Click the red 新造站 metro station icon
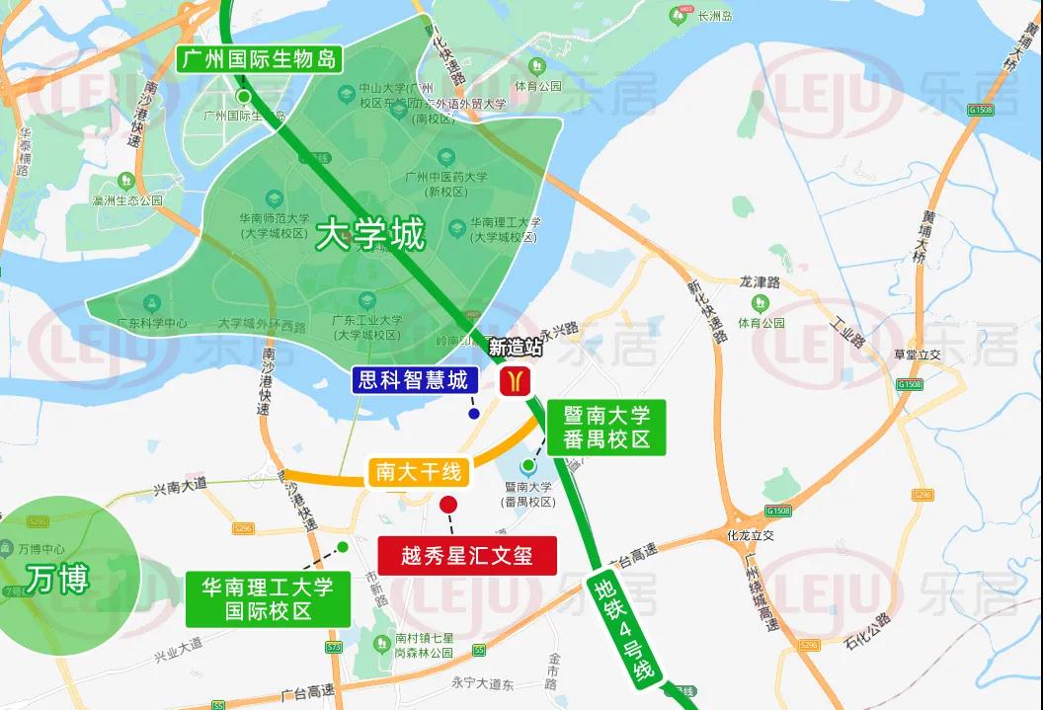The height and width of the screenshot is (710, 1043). [x=514, y=380]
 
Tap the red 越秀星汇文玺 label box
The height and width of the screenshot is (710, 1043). [x=467, y=555]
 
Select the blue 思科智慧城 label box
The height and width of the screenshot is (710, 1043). [x=415, y=379]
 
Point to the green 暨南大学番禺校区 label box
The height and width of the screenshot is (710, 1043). [x=607, y=427]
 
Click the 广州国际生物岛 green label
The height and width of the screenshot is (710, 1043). [x=259, y=58]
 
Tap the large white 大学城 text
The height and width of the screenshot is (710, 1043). [x=370, y=236]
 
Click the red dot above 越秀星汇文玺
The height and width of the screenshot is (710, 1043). [x=448, y=505]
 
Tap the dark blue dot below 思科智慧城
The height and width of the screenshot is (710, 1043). [x=474, y=414]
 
